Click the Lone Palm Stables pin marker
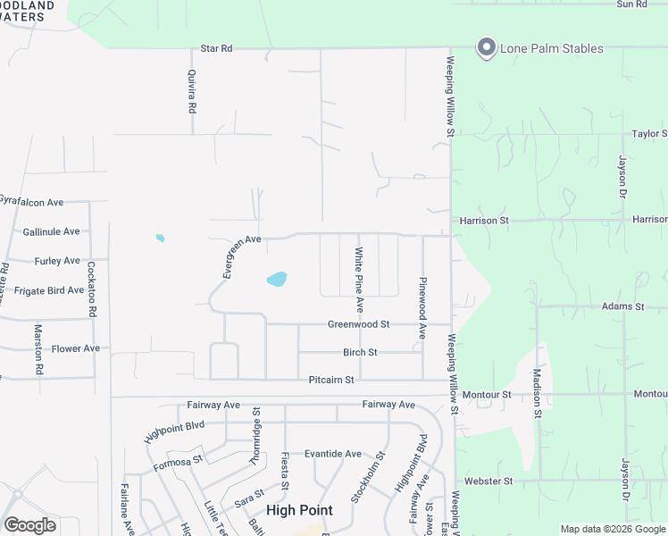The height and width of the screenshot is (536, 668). tap(486, 47)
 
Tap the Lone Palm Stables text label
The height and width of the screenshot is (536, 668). tap(551, 48)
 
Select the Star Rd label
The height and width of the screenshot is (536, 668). tap(216, 48)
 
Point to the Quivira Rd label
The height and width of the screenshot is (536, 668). tap(191, 92)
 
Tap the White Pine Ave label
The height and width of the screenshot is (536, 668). tap(360, 279)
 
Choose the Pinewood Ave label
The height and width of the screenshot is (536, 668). tap(422, 307)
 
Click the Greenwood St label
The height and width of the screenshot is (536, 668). tap(358, 324)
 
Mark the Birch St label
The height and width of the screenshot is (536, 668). tap(360, 353)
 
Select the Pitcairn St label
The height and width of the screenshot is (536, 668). tap(330, 380)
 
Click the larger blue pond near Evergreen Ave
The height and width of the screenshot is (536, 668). tap(277, 280)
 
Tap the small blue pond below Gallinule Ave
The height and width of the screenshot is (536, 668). tap(160, 238)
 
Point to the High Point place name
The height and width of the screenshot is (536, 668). tap(299, 510)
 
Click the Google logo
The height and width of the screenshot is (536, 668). tap(29, 525)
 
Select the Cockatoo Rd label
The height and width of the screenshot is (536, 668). tap(92, 289)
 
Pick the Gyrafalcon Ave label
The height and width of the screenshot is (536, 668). tap(32, 203)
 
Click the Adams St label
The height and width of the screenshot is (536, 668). tap(622, 306)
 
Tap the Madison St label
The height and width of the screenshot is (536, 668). tap(537, 393)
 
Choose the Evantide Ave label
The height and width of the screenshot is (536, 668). tap(333, 454)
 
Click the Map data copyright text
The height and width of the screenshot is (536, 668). tap(613, 529)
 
